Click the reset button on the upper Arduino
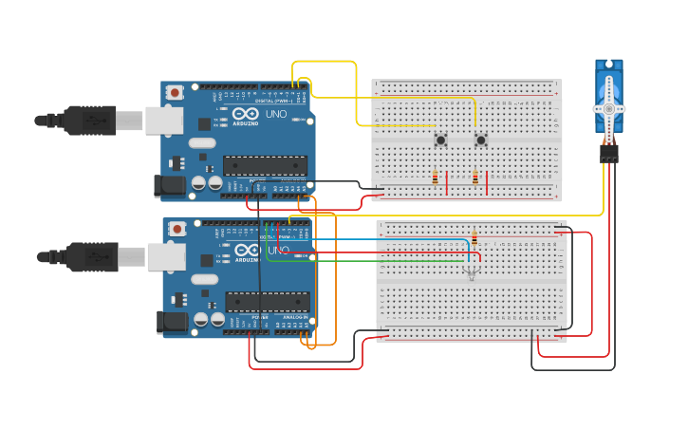[175, 92]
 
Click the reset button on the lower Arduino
[177, 229]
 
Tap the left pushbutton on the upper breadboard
[440, 140]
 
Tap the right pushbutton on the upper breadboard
[480, 140]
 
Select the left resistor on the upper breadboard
[436, 177]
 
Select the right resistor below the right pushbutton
[475, 177]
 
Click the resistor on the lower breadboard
[474, 238]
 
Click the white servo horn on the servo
[608, 107]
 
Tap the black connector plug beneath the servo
[608, 152]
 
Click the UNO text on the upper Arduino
[275, 114]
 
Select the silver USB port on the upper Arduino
[163, 120]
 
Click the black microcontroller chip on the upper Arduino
[266, 165]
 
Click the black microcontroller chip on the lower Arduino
[268, 302]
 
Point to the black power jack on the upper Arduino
[170, 186]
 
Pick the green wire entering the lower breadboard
[380, 259]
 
